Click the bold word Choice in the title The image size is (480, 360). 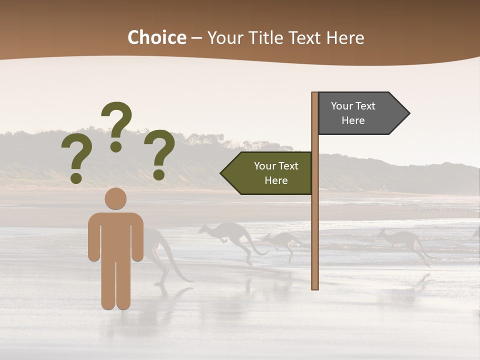pos(156,37)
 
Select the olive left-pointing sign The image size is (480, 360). pos(270,173)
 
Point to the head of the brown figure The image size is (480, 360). pos(115,198)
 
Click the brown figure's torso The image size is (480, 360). pos(115,235)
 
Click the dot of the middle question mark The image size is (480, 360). pos(116,146)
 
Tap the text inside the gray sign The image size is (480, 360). pos(353,113)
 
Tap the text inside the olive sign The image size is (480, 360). pos(276,173)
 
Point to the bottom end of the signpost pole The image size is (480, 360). pos(315,287)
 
